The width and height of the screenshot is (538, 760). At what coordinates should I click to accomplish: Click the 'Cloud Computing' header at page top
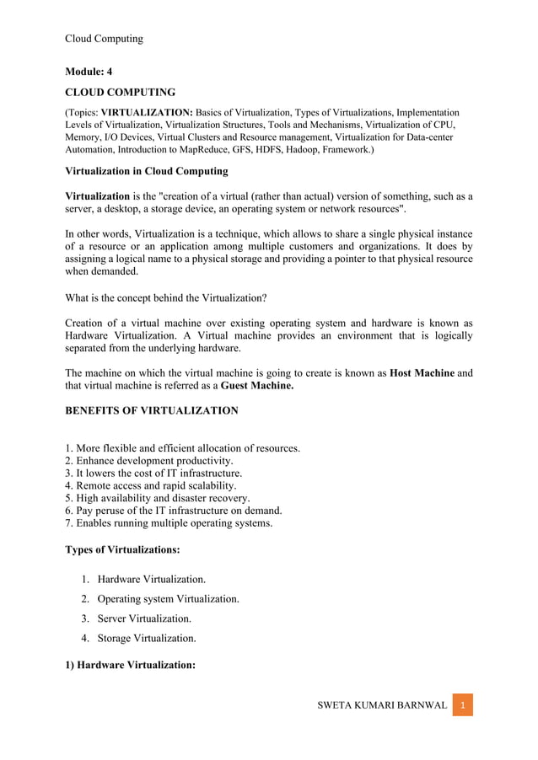(x=104, y=39)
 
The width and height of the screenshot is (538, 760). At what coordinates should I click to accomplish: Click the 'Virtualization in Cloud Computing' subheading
(x=147, y=171)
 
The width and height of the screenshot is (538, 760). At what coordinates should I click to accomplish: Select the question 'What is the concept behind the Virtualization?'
(x=166, y=297)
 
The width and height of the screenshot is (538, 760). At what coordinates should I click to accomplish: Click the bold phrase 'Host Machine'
(x=422, y=372)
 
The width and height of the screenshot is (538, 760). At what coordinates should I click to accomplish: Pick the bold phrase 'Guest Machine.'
(x=257, y=386)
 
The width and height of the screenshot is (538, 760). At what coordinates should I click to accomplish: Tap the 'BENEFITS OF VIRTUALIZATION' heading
(x=152, y=410)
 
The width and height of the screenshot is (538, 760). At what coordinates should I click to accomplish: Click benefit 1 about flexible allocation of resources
(x=183, y=448)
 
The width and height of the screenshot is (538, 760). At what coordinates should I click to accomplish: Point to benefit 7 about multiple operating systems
(x=169, y=523)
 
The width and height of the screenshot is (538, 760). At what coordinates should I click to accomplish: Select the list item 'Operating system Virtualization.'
(x=168, y=599)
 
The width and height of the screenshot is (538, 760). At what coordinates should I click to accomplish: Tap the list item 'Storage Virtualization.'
(x=147, y=638)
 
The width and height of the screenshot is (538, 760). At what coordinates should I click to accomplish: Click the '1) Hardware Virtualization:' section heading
(x=131, y=665)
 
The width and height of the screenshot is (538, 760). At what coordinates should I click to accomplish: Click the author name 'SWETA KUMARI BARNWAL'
(x=382, y=705)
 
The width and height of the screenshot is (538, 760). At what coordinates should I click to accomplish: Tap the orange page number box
(x=462, y=705)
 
